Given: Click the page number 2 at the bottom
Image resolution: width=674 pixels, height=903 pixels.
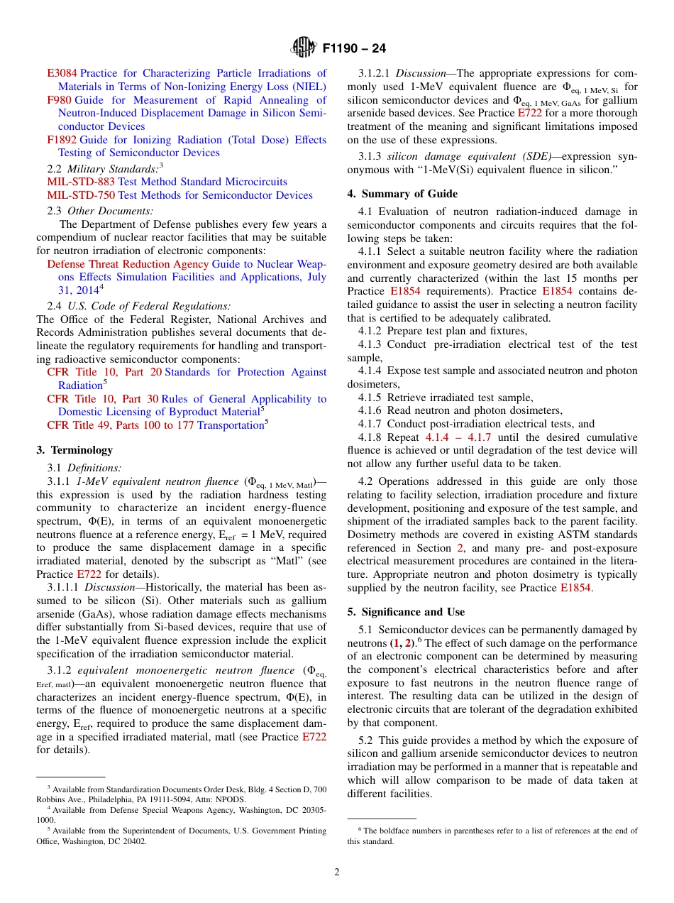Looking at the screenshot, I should click(337, 872).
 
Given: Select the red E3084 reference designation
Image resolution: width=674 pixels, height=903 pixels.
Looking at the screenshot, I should click(62, 73).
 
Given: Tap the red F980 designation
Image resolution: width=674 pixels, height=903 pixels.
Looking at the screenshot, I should click(59, 100).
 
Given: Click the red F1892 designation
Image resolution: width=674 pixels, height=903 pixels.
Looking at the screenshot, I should click(62, 140).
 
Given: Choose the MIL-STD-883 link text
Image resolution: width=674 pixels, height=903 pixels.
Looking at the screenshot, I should click(81, 182).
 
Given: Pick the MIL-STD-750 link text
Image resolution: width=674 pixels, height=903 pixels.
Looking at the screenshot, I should click(81, 195).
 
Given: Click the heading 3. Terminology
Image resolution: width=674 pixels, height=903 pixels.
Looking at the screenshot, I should click(74, 450).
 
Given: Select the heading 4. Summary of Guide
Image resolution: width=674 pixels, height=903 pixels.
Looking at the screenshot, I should click(402, 194).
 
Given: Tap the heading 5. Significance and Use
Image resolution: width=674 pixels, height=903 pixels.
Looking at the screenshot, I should click(406, 612).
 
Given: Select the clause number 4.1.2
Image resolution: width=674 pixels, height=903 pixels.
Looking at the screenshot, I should click(371, 331).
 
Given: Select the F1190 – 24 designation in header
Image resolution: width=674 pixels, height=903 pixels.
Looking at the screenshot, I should click(354, 49).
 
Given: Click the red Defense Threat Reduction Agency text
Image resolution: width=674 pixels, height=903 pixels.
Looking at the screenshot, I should click(128, 264).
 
